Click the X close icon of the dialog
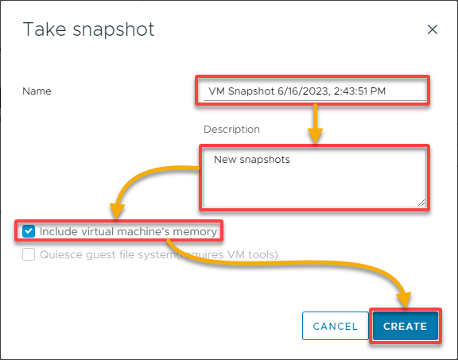point(433,29)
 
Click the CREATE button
point(406,326)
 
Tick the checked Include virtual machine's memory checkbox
point(29,231)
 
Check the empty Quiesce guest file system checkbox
point(29,254)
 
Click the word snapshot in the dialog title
point(114,29)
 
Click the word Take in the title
point(45,29)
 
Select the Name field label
point(37,91)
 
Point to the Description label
point(231,130)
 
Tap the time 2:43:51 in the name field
point(351,91)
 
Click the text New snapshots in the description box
point(252,160)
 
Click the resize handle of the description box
point(421,203)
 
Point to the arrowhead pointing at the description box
point(315,136)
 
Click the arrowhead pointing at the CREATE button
point(404,300)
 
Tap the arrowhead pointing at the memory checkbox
point(117,211)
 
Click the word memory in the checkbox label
point(195,232)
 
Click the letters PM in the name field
point(378,91)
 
